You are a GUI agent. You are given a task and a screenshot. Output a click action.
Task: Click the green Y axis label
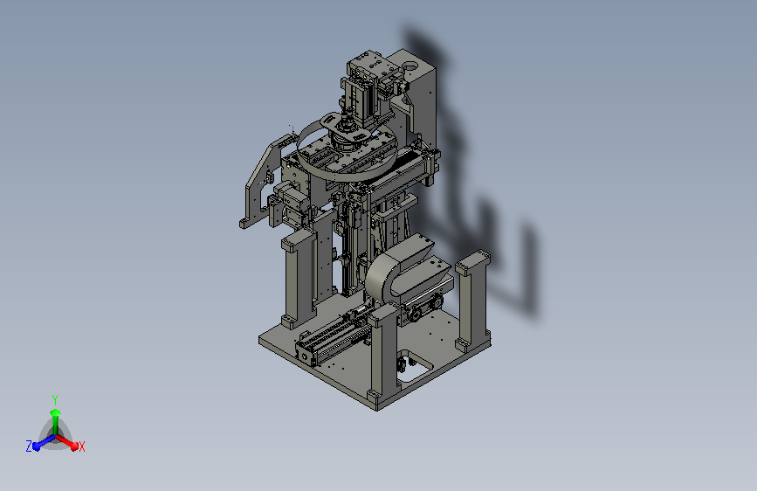tap(55, 400)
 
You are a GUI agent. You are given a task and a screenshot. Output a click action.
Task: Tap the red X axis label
tap(81, 446)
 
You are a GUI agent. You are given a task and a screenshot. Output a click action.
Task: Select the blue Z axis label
tap(29, 446)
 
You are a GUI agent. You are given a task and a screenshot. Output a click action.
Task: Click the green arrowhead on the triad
tap(56, 412)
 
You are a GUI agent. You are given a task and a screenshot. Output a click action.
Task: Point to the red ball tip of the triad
tap(74, 446)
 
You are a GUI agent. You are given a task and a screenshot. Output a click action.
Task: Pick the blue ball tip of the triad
tap(37, 446)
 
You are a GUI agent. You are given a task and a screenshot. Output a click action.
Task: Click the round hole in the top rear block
tap(411, 65)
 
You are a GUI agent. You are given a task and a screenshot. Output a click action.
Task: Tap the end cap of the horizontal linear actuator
tap(305, 356)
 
